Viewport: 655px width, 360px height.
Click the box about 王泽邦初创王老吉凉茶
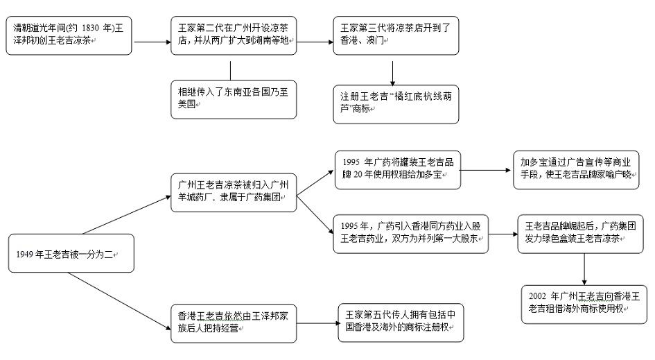click(x=69, y=36)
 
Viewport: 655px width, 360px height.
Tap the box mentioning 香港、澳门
click(x=396, y=36)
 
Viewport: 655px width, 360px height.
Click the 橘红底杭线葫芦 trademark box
click(x=396, y=104)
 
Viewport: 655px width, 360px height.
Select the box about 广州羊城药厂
click(x=235, y=192)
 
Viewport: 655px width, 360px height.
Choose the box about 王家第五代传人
click(x=399, y=323)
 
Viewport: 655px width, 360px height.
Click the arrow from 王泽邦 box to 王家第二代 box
click(x=152, y=42)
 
